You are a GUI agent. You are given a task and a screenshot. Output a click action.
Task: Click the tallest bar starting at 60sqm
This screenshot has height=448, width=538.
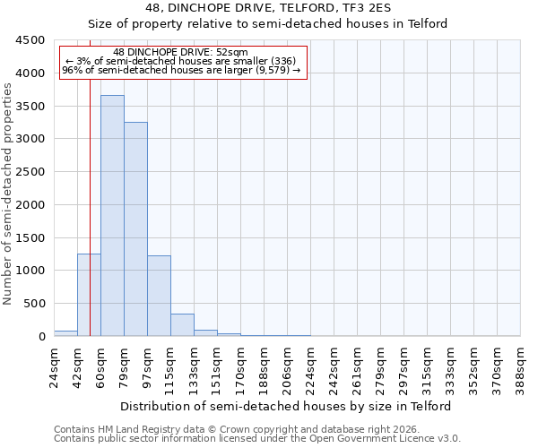coord(112,215)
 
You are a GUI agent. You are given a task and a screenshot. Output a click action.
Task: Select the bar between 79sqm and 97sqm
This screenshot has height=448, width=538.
coord(135,228)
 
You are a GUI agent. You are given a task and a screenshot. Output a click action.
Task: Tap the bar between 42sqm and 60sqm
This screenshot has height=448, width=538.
coord(89,295)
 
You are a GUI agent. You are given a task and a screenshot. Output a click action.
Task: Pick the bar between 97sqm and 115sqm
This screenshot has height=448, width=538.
coord(159,296)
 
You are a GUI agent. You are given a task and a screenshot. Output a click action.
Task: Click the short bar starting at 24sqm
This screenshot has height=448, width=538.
coord(65,333)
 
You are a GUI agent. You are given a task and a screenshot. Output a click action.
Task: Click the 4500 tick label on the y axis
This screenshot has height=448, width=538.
coord(30,40)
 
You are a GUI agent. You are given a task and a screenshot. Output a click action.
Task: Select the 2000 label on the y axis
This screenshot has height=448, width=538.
coord(30,205)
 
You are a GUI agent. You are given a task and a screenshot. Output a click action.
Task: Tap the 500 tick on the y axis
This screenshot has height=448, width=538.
coord(33,304)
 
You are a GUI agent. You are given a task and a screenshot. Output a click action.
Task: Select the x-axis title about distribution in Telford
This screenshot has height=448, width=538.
coord(287,406)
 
